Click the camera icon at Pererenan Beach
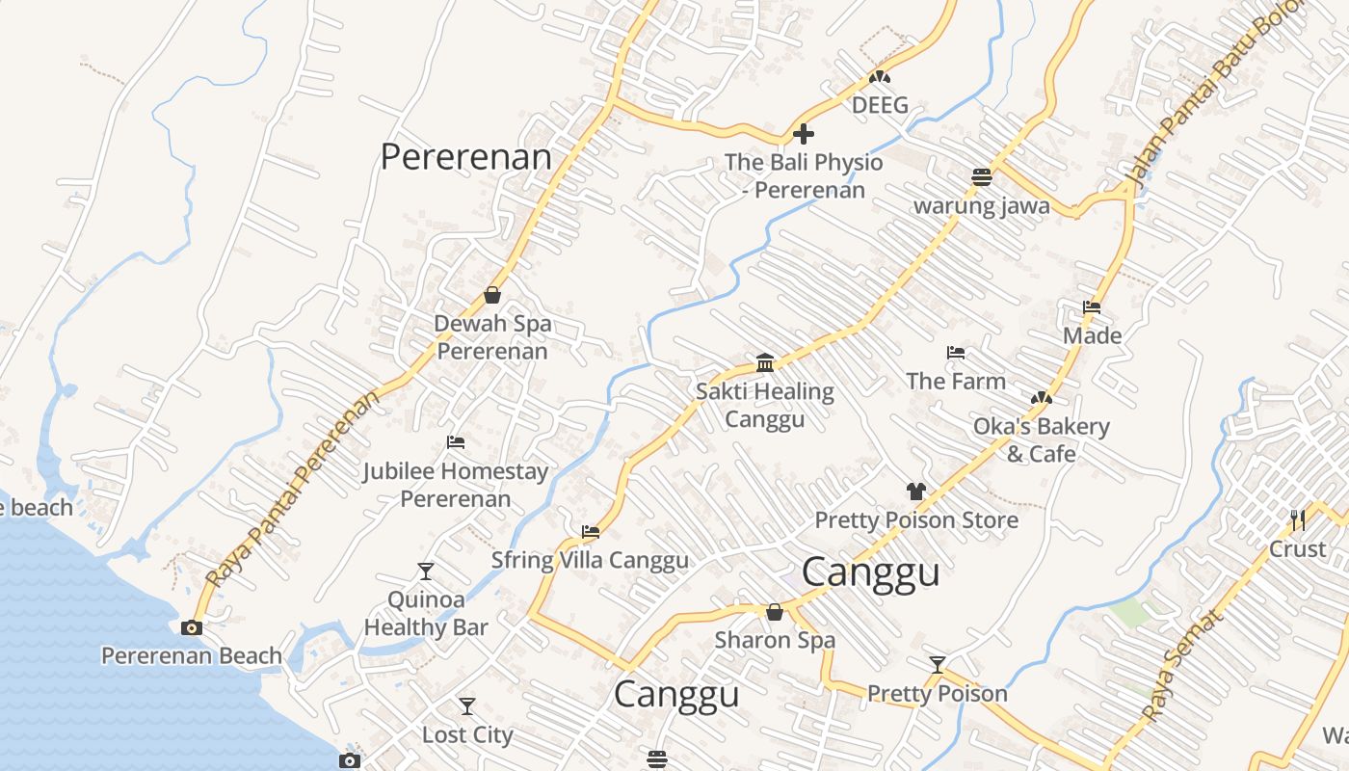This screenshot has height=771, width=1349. pos(192,627)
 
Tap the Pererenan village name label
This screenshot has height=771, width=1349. pos(466,156)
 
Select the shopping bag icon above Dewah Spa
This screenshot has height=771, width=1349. pos(492,295)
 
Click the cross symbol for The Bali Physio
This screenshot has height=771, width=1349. pos(803,134)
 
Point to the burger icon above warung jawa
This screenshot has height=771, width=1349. pos(981,177)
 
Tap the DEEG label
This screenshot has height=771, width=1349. pos(880,105)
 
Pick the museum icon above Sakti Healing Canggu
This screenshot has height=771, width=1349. pos(765,362)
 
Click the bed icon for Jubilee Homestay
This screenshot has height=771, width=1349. pos(456,442)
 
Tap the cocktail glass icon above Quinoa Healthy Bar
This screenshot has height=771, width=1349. pos(425,572)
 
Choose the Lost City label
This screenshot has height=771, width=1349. pos(467,734)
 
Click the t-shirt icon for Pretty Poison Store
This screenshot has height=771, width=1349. pos(915,492)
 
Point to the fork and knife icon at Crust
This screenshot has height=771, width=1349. pos(1298,520)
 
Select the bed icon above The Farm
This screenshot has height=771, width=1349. pos(956,353)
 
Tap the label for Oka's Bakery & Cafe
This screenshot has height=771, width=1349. pos(1041,439)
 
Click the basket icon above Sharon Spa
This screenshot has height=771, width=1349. pos(774,612)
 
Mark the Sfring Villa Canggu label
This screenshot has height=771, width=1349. pos(590,560)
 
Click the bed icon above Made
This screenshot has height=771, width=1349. pos(1092,307)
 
